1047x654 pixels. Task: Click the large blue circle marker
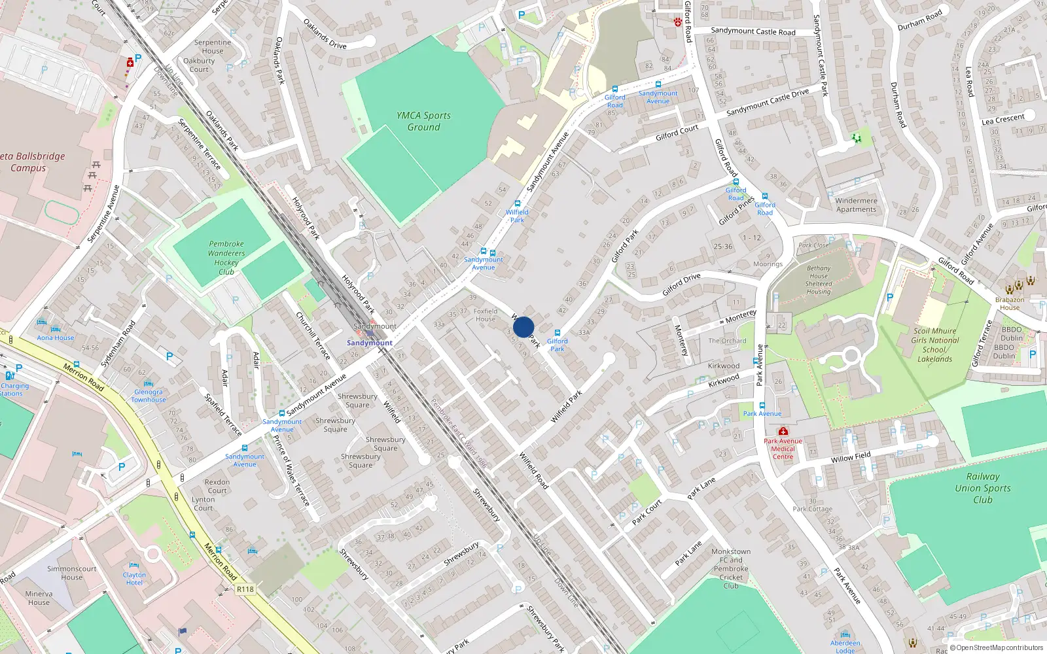(x=523, y=327)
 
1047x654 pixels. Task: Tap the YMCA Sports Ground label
(x=423, y=121)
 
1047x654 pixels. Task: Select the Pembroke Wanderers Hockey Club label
(x=226, y=258)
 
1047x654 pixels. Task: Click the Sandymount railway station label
(x=370, y=343)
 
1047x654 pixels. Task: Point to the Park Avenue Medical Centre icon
(x=783, y=432)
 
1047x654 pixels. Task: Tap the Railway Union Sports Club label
(x=982, y=488)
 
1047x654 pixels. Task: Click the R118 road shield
(x=245, y=589)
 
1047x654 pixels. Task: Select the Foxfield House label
(x=486, y=315)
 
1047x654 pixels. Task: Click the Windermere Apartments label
(x=856, y=205)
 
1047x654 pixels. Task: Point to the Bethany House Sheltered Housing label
(x=819, y=280)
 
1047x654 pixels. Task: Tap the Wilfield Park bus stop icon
(x=518, y=204)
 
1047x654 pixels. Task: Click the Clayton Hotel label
(x=134, y=579)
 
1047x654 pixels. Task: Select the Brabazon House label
(x=1010, y=303)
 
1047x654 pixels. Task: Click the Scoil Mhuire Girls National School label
(x=935, y=345)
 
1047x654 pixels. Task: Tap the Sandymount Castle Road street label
(x=753, y=31)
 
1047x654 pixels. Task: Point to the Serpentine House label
(x=213, y=46)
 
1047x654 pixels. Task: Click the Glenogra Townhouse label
(x=149, y=396)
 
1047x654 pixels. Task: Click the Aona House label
(x=56, y=337)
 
